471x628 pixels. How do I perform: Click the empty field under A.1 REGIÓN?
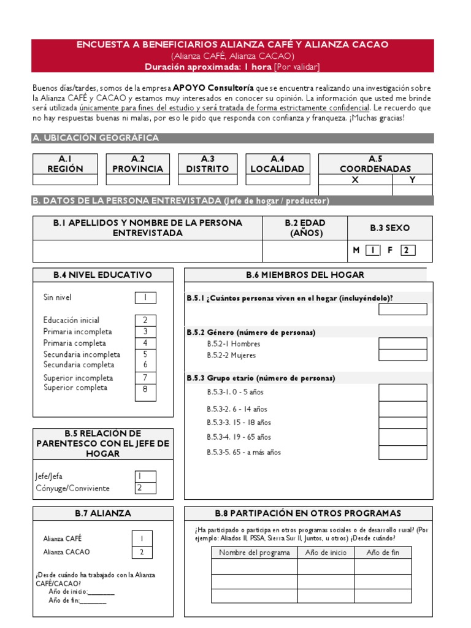point(65,180)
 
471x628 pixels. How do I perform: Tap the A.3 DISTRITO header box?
point(207,164)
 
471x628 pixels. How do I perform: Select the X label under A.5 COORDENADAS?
point(354,180)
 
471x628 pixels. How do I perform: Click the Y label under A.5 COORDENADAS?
point(412,180)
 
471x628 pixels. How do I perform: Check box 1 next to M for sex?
point(373,250)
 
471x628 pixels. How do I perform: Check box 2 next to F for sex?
point(408,250)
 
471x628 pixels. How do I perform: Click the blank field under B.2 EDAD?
point(305,251)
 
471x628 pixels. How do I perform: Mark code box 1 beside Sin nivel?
point(145,297)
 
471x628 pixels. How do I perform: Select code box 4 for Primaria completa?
point(145,343)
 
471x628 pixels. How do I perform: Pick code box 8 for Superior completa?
point(145,390)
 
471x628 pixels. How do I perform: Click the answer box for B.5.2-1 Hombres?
point(402,343)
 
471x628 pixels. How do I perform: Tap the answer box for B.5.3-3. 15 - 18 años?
point(402,423)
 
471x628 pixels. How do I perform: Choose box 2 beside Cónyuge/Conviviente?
point(145,488)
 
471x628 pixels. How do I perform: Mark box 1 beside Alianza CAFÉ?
point(142,538)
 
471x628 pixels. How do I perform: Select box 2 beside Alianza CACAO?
point(142,552)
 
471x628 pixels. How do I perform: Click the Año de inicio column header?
point(326,553)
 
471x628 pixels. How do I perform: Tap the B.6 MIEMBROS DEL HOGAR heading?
point(305,275)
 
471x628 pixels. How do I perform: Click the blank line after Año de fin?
point(93,601)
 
